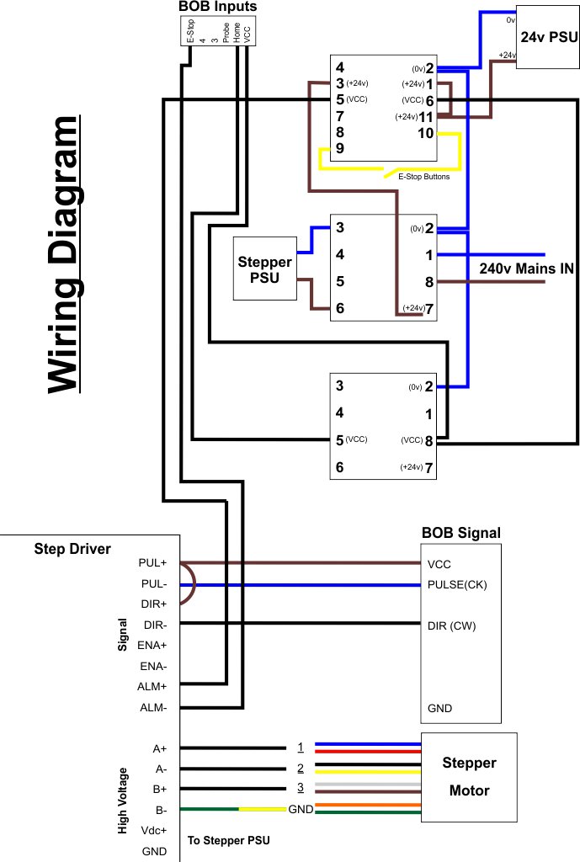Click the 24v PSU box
547,36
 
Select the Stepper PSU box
266,269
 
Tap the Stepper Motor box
469,777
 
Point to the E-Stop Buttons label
423,178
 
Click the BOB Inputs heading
218,7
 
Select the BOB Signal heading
460,533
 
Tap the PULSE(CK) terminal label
457,584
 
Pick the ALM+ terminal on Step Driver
153,687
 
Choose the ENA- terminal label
153,666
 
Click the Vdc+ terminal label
153,830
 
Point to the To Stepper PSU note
228,840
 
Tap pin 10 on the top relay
425,133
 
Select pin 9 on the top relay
339,149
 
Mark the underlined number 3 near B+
301,788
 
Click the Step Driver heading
72,549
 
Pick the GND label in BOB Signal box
439,708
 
